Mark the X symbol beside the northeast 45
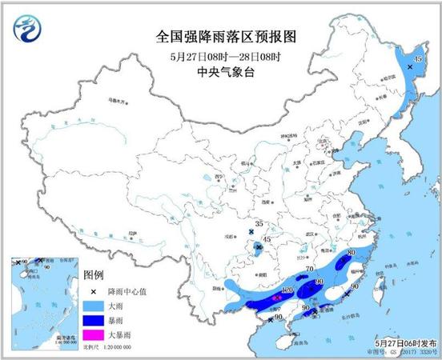(410, 68)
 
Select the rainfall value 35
(258, 224)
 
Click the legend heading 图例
(94, 274)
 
